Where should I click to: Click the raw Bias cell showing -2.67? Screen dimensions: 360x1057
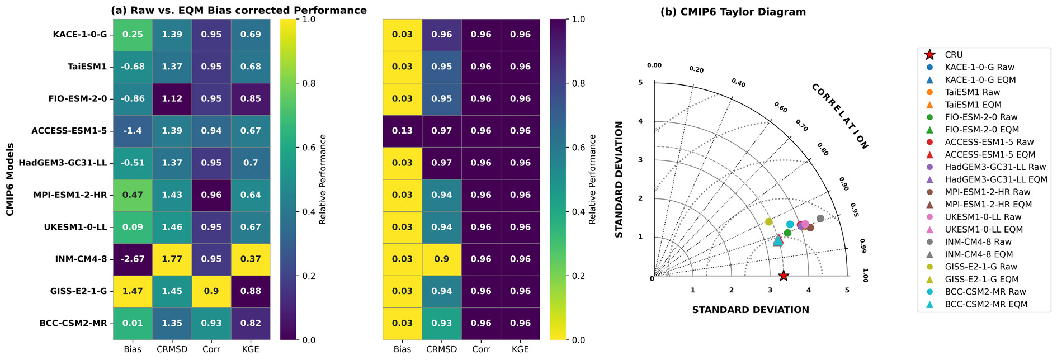[133, 259]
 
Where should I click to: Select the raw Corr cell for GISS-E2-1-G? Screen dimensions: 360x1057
[211, 291]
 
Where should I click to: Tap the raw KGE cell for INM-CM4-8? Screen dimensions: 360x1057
[251, 259]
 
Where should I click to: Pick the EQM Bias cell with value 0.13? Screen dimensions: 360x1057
[402, 131]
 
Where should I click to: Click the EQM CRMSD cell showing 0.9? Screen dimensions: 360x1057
[442, 259]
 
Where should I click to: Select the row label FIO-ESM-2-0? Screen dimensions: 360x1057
[77, 99]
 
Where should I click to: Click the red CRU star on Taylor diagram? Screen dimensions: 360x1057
[784, 276]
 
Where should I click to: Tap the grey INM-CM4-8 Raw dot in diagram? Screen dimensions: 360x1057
[820, 219]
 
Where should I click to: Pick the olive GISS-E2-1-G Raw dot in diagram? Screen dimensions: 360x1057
[769, 222]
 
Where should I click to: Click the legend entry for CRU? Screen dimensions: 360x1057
[954, 55]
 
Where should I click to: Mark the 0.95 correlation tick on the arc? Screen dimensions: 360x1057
[854, 210]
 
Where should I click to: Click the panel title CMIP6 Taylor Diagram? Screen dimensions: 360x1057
[733, 12]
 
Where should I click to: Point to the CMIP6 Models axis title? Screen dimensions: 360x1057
[10, 179]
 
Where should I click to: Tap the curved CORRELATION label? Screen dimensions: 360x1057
[839, 116]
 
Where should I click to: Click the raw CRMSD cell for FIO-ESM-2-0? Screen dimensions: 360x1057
[172, 99]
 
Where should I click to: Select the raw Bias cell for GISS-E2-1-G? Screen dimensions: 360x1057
[133, 291]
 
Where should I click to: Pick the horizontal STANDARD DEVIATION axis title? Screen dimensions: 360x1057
[751, 310]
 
